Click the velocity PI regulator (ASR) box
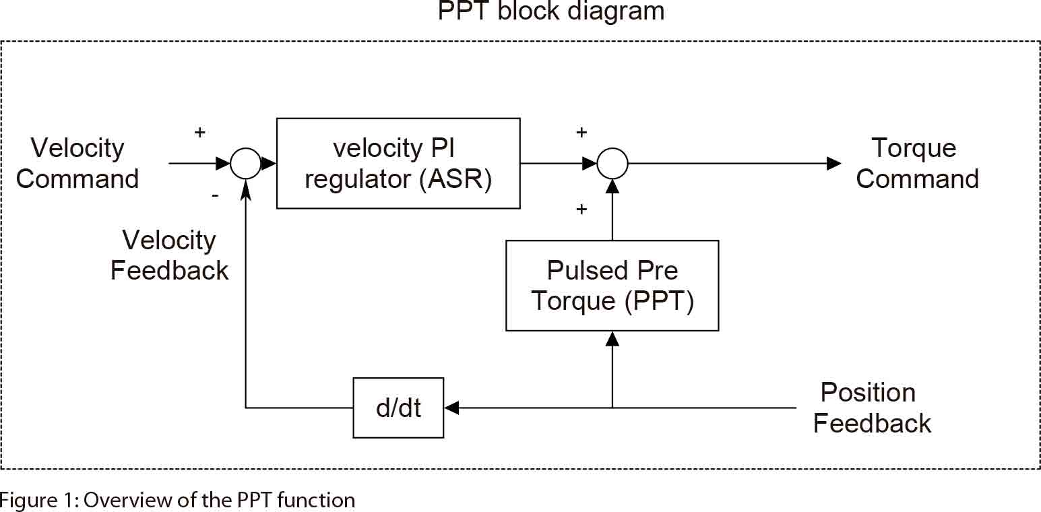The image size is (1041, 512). [x=398, y=163]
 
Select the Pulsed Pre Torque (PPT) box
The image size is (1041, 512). [x=612, y=286]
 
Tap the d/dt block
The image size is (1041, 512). [x=398, y=408]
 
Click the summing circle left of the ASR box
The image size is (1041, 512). [x=245, y=164]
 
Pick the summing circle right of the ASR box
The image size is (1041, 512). [x=612, y=164]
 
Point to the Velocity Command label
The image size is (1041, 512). [x=77, y=164]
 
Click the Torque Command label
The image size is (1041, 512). [x=916, y=164]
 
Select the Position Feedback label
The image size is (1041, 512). [x=871, y=408]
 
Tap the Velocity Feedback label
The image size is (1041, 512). [x=169, y=255]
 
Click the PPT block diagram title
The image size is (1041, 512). [x=550, y=11]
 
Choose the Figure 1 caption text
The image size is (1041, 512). [x=177, y=501]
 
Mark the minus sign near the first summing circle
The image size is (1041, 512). [x=215, y=195]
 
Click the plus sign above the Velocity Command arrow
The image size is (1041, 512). [x=199, y=132]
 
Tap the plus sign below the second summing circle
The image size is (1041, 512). [x=581, y=210]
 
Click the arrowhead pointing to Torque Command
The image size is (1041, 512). [x=833, y=164]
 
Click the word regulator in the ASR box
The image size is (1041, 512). [x=357, y=179]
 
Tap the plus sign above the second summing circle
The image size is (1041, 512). [x=581, y=132]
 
